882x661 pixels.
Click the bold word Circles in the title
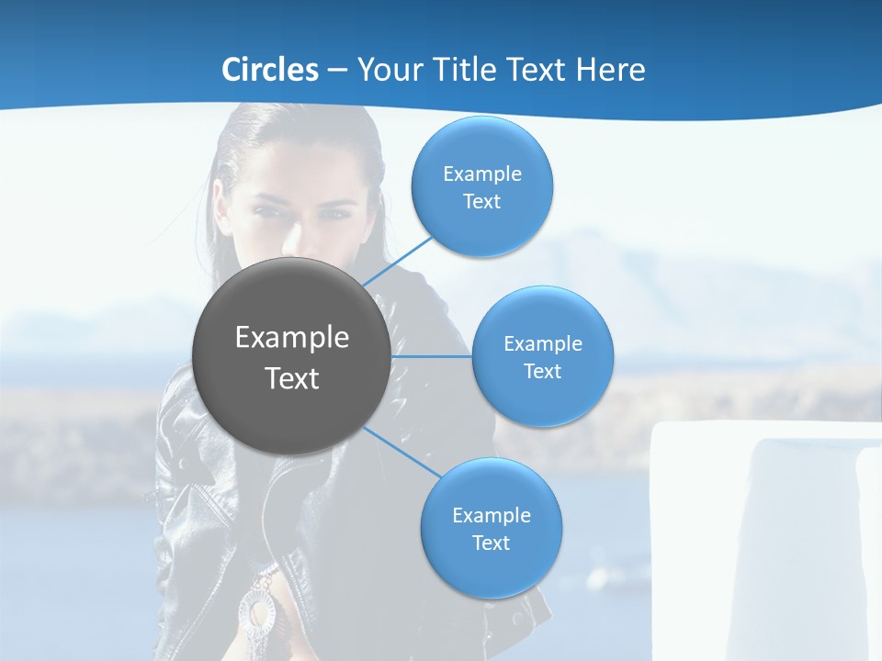(270, 70)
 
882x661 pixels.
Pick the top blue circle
(482, 186)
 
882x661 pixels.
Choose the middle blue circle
(542, 356)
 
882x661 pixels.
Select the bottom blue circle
(491, 528)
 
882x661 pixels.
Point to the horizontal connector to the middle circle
(432, 356)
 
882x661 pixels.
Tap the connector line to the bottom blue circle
(400, 452)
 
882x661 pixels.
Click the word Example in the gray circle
(292, 338)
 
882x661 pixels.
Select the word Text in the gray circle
(292, 378)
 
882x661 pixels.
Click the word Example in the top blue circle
(482, 174)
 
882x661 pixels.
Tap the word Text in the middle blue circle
(542, 371)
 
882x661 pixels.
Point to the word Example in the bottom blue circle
(492, 516)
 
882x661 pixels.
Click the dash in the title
(337, 70)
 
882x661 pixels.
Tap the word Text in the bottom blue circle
(491, 543)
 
